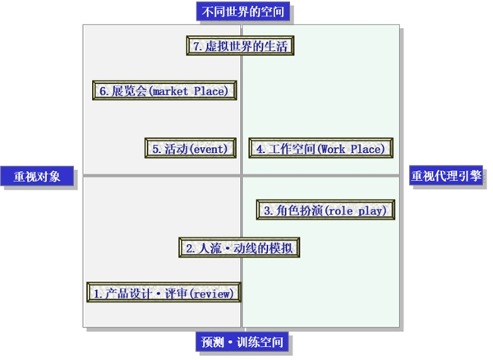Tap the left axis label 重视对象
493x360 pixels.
pos(37,176)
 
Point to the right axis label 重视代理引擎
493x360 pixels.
pos(446,175)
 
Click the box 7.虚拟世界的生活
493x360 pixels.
pos(240,46)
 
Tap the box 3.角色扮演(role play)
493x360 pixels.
pos(327,210)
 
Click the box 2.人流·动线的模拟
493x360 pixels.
pos(239,247)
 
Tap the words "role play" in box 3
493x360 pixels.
pos(361,210)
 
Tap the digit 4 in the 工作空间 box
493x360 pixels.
pos(259,149)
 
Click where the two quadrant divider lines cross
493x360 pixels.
pos(242,174)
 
